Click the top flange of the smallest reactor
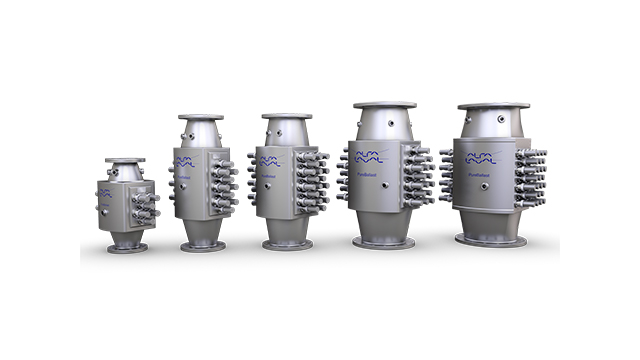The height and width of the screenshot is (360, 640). pos(125,160)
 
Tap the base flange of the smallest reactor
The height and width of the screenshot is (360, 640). pos(128,247)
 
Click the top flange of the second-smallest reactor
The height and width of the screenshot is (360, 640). pos(201,118)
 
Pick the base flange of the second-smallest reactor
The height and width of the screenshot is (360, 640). pos(203,245)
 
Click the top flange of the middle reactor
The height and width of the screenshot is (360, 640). pos(287,116)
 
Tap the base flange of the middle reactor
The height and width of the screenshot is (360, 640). pos(288,244)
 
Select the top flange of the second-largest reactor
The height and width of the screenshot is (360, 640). pos(384,105)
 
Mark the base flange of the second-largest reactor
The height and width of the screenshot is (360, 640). pos(384,242)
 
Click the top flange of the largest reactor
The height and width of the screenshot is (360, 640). pos(494,105)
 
